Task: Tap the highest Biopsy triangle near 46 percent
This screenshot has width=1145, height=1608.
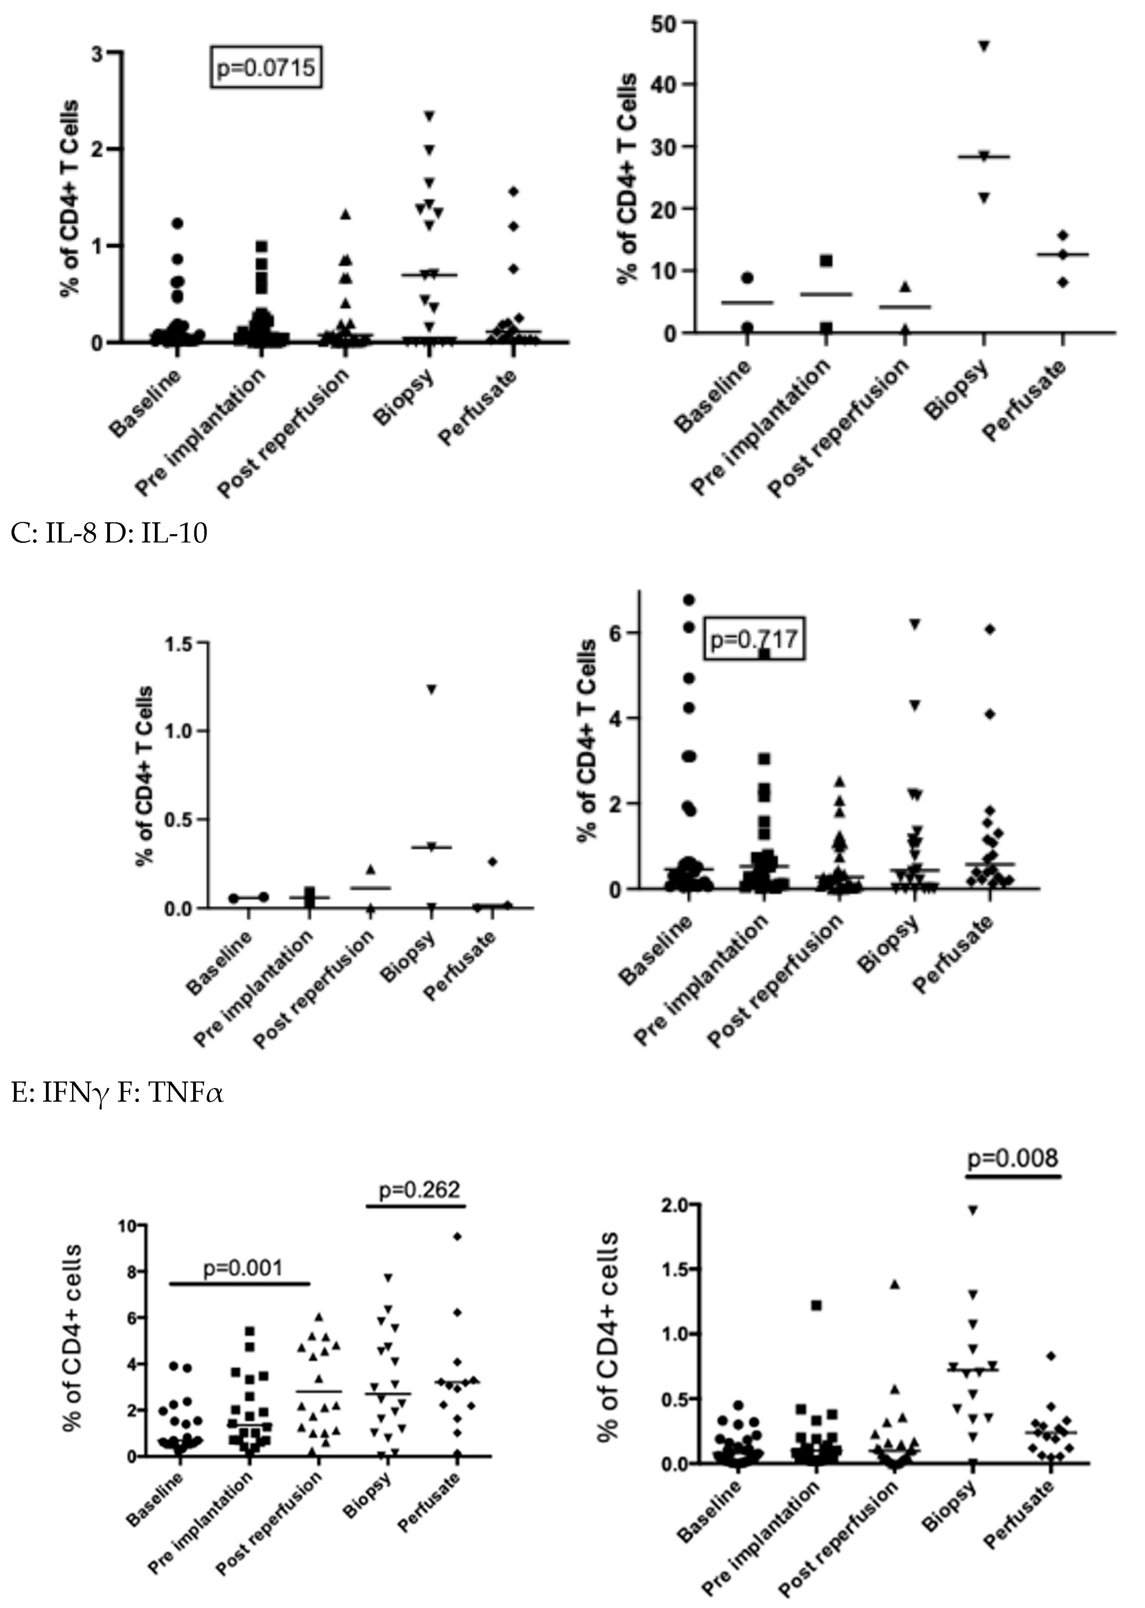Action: click(x=984, y=46)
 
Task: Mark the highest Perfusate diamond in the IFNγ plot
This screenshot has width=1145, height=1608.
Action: click(x=458, y=1236)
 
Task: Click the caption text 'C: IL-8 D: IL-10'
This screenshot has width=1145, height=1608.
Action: click(x=109, y=533)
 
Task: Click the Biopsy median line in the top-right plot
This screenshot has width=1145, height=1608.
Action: click(x=984, y=157)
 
